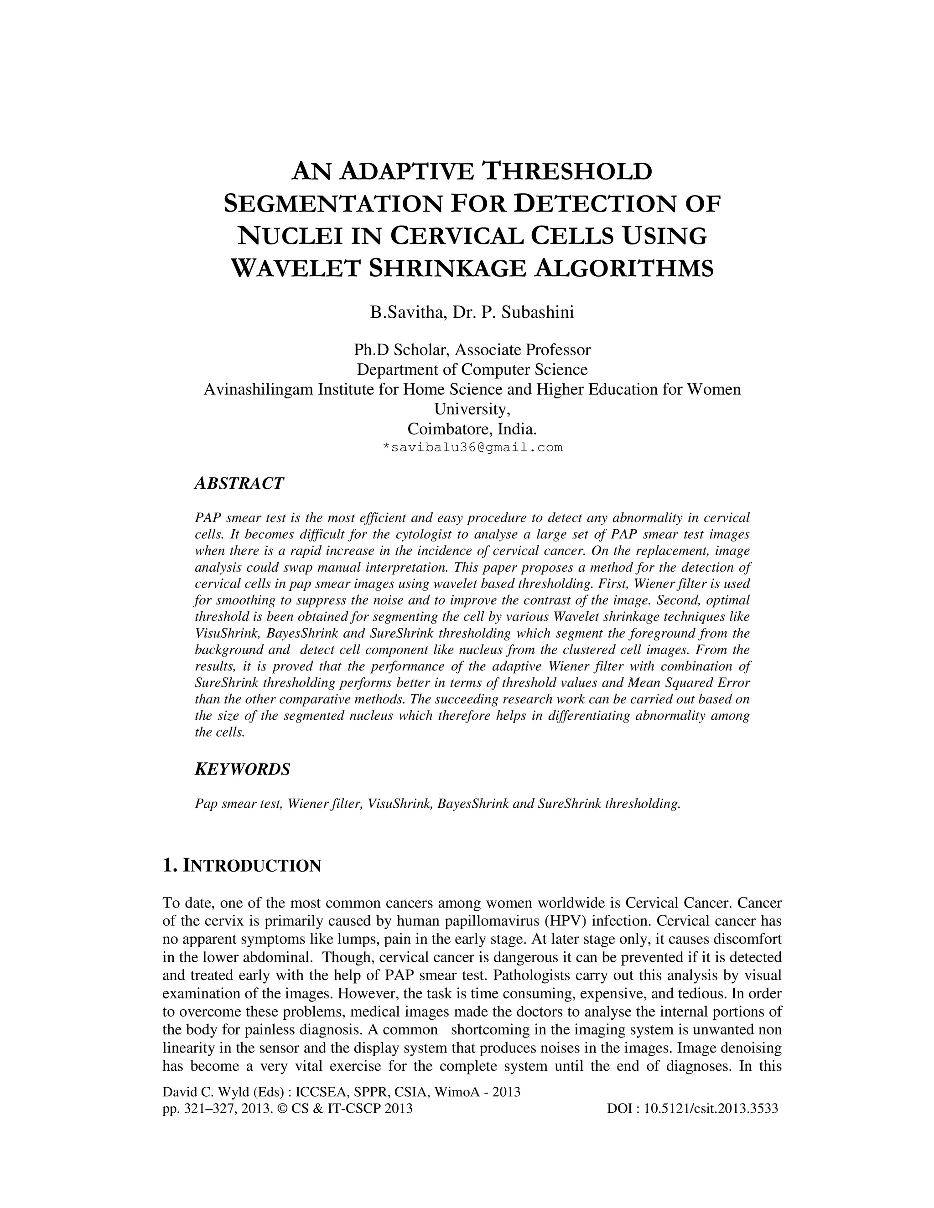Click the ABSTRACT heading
(239, 483)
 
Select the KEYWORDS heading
(242, 769)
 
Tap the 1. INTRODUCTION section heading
(241, 866)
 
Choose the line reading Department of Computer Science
(472, 370)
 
